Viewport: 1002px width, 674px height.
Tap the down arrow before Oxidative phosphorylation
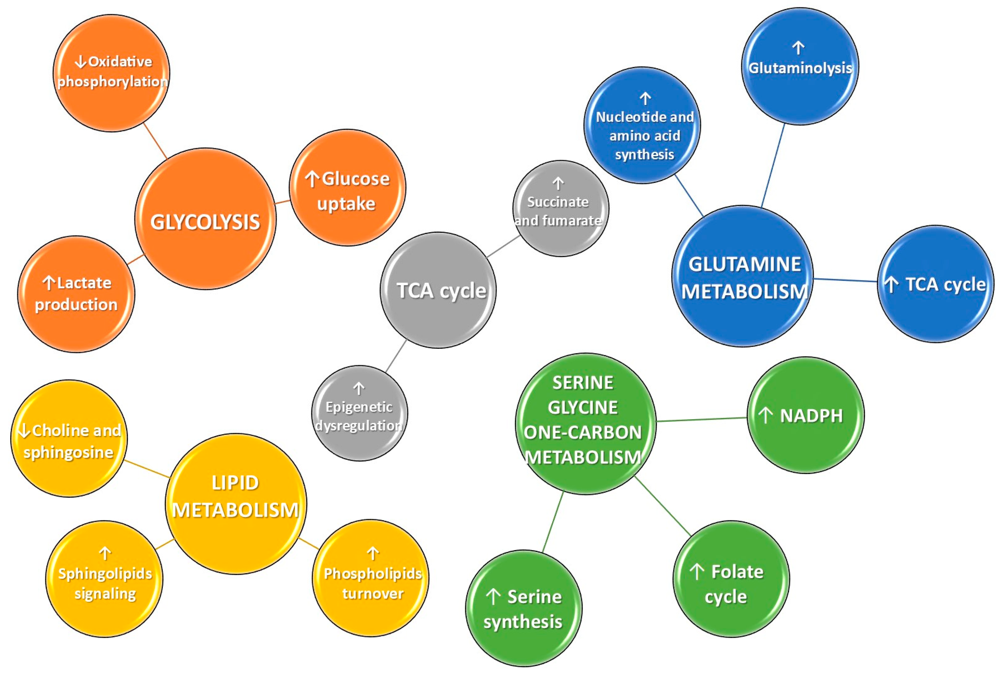80,62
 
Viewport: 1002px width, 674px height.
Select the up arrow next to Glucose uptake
312,179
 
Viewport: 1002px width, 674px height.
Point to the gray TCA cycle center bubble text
441,291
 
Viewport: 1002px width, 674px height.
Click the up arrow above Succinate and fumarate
558,184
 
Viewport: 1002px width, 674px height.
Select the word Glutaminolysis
800,68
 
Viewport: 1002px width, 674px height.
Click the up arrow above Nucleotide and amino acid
645,98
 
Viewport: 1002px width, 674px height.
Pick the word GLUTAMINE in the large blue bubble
745,264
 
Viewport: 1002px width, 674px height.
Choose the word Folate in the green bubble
737,572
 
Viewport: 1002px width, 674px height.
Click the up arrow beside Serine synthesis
493,597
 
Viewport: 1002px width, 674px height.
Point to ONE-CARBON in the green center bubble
582,433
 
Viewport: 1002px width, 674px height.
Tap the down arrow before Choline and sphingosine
25,430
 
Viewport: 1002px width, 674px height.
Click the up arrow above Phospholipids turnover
373,553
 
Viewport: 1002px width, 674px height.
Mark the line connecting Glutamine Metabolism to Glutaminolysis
773,165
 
